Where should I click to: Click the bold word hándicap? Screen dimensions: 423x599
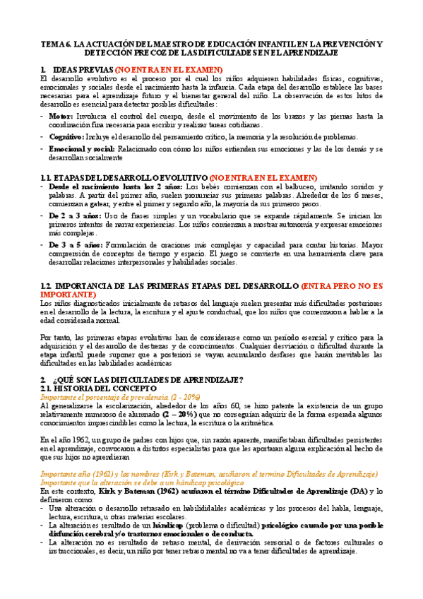click(200, 526)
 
